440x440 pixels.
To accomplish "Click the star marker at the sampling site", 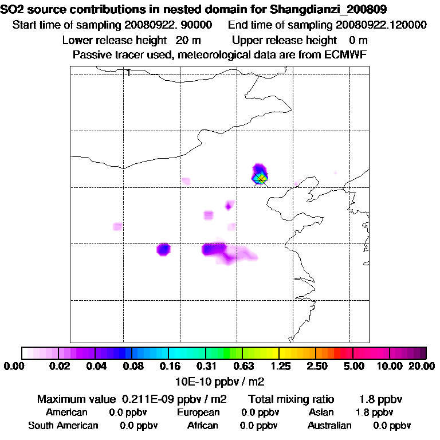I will [x=261, y=179].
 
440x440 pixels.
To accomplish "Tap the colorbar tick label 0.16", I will [x=169, y=366].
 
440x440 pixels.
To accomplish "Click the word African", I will [x=203, y=426].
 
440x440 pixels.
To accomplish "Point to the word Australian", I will [x=329, y=426].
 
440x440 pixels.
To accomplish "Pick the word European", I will [x=198, y=412].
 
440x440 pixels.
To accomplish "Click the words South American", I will [x=63, y=426].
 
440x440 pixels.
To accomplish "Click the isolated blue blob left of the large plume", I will [x=164, y=249].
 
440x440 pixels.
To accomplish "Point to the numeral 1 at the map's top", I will [x=129, y=72].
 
